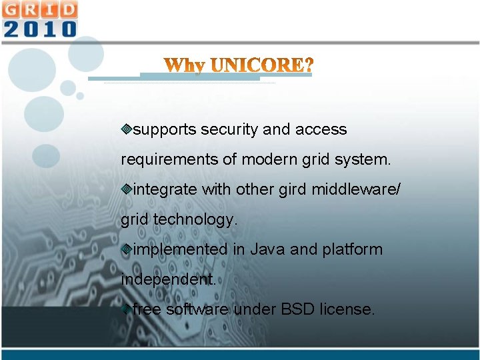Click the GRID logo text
39,10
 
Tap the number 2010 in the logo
39,29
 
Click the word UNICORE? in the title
261,66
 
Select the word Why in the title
185,66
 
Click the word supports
165,129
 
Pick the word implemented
180,249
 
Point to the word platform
352,249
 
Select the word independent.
168,279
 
